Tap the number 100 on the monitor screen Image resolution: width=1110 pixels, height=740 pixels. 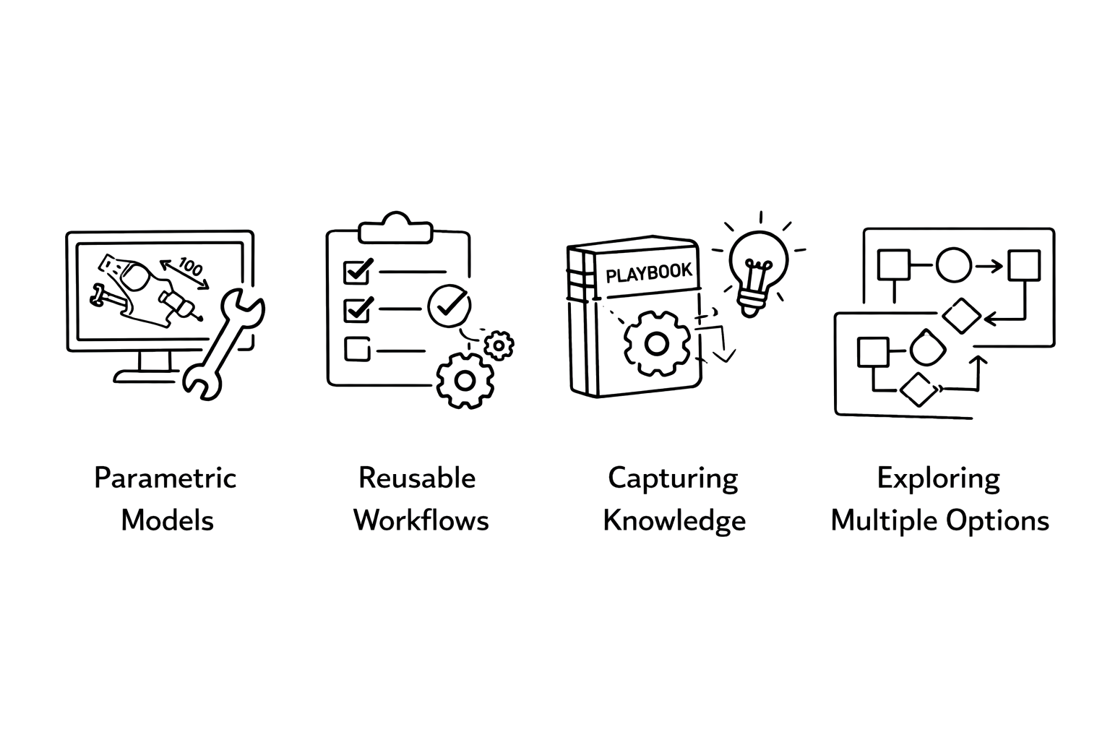click(x=190, y=267)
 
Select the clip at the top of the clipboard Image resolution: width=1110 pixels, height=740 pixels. click(x=395, y=229)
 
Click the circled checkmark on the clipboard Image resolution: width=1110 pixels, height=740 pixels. click(x=449, y=306)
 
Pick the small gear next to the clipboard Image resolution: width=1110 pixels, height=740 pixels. click(x=499, y=345)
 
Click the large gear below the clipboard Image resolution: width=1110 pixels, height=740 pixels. click(x=465, y=381)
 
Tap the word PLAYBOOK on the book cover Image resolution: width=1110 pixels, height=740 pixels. click(x=649, y=272)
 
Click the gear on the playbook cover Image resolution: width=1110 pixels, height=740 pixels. click(x=657, y=343)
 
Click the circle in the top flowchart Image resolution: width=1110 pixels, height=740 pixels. click(x=953, y=265)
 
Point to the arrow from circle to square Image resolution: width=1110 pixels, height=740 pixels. click(x=989, y=266)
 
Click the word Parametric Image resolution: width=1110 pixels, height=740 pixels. click(x=165, y=479)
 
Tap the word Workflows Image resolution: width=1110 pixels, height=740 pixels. click(x=421, y=521)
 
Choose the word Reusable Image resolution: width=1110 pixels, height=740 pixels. click(x=417, y=479)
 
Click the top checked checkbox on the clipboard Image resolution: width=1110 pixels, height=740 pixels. click(x=358, y=271)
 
